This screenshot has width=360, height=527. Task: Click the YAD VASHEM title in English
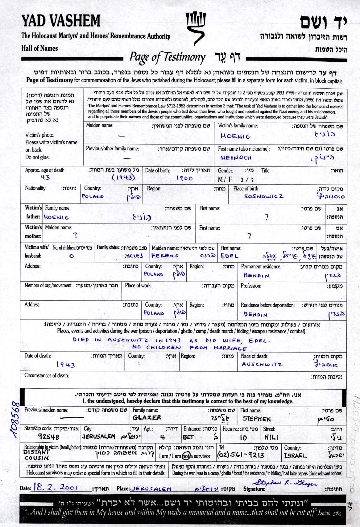tap(61, 21)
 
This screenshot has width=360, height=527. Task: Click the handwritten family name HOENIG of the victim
tap(236, 136)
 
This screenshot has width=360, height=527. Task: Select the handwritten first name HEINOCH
tap(236, 157)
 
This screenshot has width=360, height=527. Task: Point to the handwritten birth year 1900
tap(184, 178)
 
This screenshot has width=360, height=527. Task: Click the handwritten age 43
tap(45, 177)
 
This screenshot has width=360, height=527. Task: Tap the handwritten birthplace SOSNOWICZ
tap(263, 196)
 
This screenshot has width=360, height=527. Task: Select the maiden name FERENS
tap(165, 256)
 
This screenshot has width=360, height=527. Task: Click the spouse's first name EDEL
tap(230, 256)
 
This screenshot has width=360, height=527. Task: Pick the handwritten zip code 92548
tap(48, 437)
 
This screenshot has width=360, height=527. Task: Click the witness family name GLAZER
tap(147, 417)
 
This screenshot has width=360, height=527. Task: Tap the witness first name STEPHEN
tap(256, 419)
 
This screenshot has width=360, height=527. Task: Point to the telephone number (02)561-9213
tap(241, 455)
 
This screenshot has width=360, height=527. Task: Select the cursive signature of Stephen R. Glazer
tap(285, 484)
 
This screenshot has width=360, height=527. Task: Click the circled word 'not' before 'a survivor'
tap(186, 456)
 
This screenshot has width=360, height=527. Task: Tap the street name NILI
tap(271, 437)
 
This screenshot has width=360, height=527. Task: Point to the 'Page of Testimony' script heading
tap(167, 57)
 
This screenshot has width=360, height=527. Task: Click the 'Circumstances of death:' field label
tap(47, 375)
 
